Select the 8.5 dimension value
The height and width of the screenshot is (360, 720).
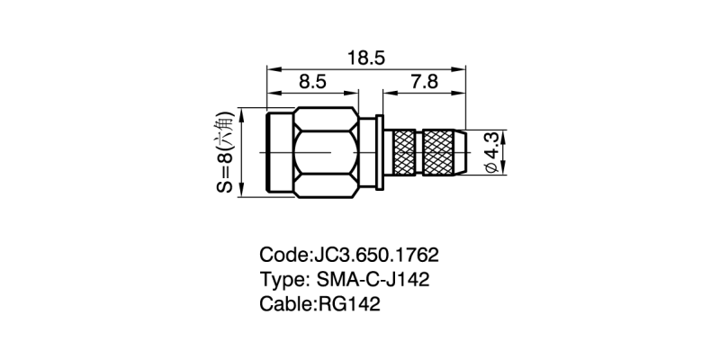click(x=312, y=82)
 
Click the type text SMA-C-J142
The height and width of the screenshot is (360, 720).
click(x=369, y=280)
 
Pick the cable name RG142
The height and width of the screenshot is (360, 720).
click(x=350, y=304)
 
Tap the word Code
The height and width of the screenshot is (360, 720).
click(x=282, y=255)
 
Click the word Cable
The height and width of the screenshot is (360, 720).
click(x=285, y=304)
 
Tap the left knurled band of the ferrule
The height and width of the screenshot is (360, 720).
click(x=405, y=152)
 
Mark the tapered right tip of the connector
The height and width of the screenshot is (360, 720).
click(x=464, y=152)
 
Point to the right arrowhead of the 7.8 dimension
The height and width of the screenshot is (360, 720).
click(x=463, y=93)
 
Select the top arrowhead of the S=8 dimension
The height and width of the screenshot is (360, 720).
click(x=240, y=113)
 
